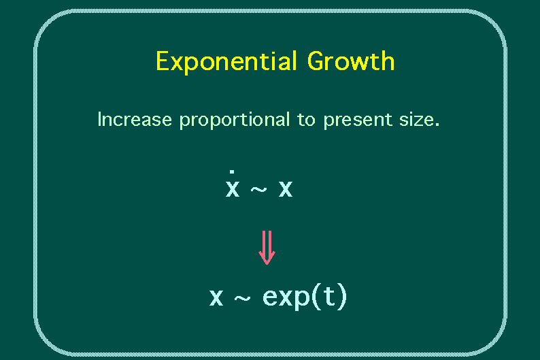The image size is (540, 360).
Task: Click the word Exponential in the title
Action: pos(226,62)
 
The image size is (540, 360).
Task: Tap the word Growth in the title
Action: pos(350,61)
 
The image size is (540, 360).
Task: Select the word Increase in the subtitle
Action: pos(135,120)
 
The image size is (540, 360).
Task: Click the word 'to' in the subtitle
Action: pos(306,120)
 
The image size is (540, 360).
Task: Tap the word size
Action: pos(416,120)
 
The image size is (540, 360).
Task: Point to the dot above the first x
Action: pos(232,171)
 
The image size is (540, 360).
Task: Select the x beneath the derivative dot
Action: pos(233,189)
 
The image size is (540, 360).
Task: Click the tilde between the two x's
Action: pos(258,189)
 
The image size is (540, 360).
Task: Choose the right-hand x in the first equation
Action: pos(286,189)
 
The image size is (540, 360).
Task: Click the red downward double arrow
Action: pos(267,248)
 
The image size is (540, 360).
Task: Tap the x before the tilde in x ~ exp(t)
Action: pos(216,297)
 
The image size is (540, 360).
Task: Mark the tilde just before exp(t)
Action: pos(242,298)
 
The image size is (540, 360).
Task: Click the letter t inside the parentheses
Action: pos(329,295)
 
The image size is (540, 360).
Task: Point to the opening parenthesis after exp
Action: pos(316,297)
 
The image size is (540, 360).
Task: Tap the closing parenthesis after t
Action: pos(342,297)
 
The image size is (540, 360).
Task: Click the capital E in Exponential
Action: pos(163,61)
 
